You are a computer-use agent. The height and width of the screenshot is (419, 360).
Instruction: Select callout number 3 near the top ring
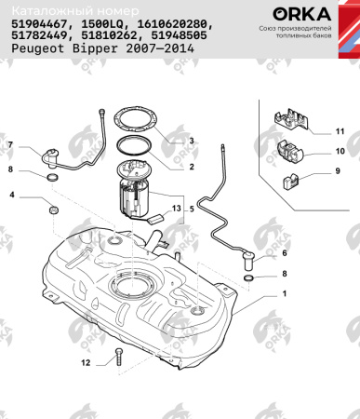click(x=192, y=141)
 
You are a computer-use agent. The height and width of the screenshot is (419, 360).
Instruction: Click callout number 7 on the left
click(x=11, y=146)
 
